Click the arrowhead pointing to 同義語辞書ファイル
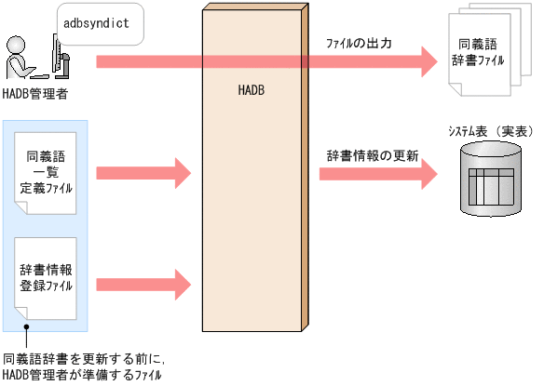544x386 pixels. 427,61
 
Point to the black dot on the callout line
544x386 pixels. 27,326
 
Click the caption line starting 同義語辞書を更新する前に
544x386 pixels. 83,358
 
